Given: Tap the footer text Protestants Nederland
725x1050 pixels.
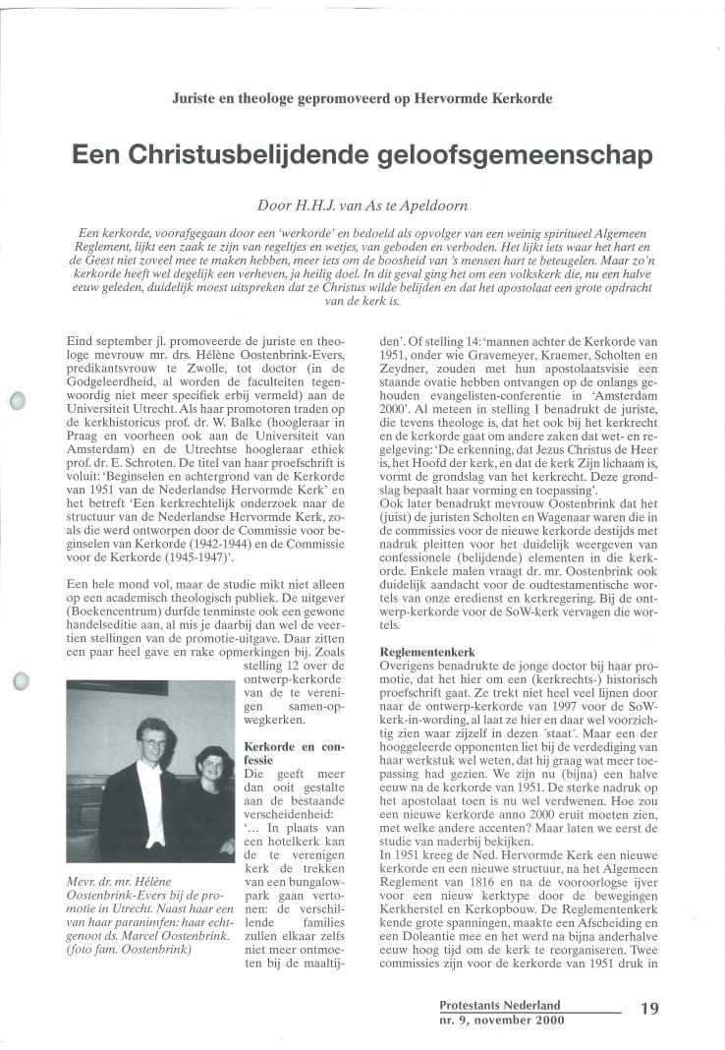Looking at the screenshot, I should [x=499, y=1005].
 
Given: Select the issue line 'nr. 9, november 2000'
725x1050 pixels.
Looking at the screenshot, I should [x=501, y=1021].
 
